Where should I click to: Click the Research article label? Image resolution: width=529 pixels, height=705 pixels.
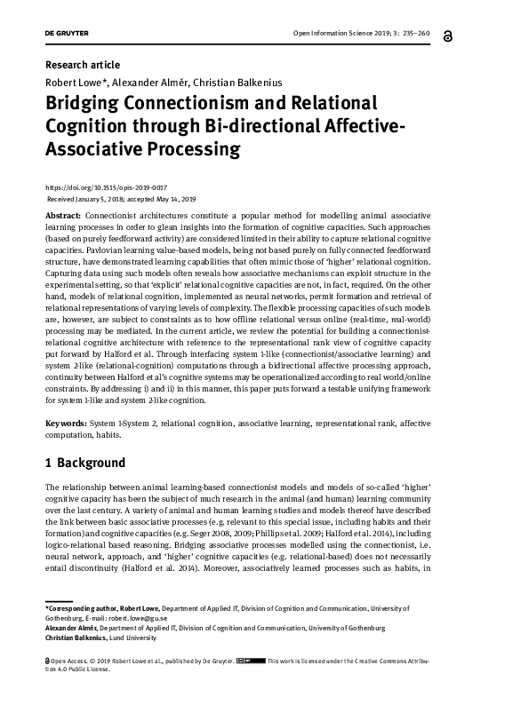pos(82,65)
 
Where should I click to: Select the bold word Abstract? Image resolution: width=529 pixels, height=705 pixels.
pos(65,216)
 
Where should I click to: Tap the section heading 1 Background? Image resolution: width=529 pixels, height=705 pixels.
pos(85,463)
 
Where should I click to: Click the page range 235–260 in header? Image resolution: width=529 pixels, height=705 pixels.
pos(411,35)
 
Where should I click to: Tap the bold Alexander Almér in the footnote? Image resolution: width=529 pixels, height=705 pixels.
pos(72,628)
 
